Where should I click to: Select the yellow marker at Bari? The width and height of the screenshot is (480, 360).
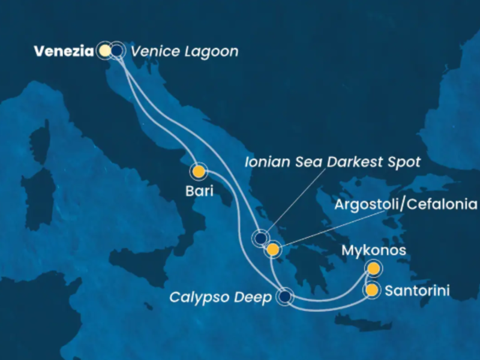click(198, 172)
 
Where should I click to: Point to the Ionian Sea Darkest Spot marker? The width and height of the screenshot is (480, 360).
click(260, 239)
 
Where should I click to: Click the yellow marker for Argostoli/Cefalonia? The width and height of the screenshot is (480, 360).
click(273, 250)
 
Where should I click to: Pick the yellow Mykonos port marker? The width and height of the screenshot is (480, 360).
click(373, 268)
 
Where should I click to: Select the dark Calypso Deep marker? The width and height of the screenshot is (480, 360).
click(284, 296)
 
